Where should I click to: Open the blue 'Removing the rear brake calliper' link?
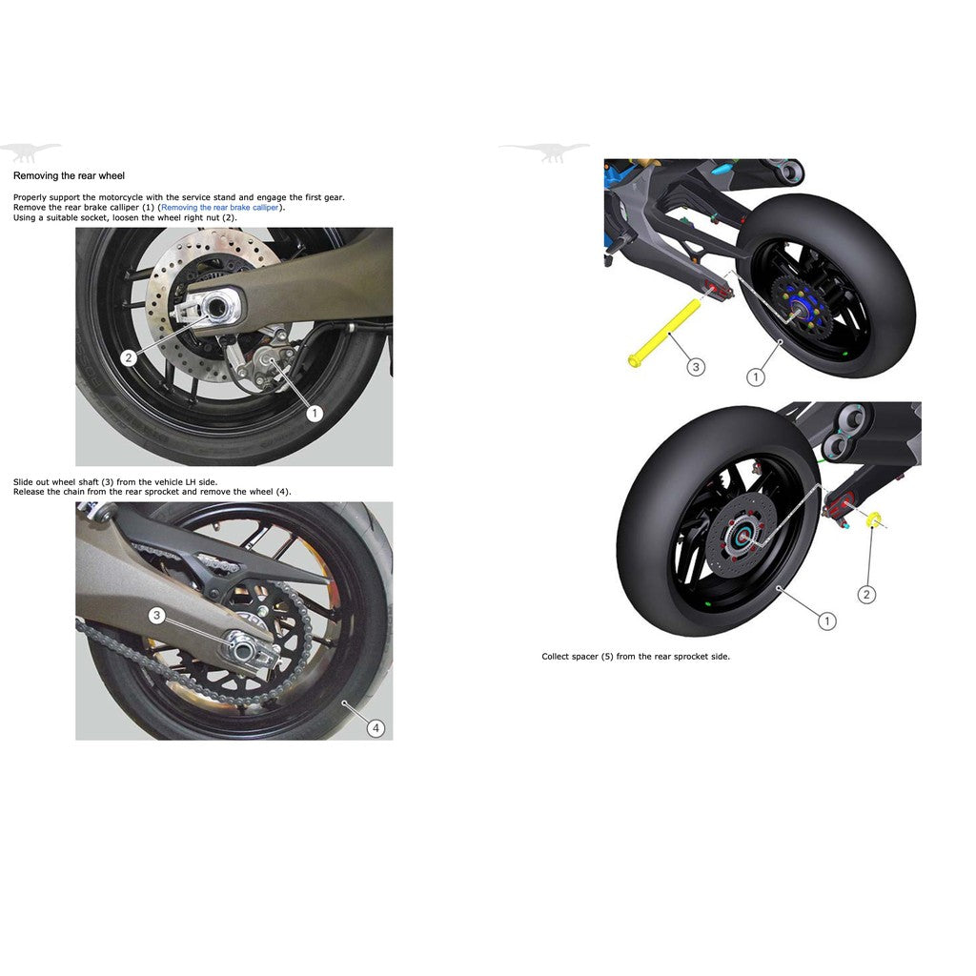click(x=220, y=207)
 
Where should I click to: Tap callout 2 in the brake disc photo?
click(x=129, y=358)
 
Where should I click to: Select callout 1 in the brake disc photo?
click(x=314, y=414)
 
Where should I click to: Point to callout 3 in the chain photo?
click(x=157, y=616)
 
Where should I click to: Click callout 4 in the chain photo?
click(x=376, y=728)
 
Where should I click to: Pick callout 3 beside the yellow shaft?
click(x=696, y=367)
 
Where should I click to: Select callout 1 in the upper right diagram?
click(x=756, y=377)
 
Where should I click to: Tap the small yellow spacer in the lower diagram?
click(x=870, y=520)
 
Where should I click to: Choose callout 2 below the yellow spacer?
click(x=866, y=595)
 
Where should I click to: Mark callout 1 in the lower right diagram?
click(x=826, y=621)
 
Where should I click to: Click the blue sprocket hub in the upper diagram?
click(x=799, y=306)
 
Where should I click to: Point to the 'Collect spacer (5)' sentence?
click(x=636, y=657)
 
